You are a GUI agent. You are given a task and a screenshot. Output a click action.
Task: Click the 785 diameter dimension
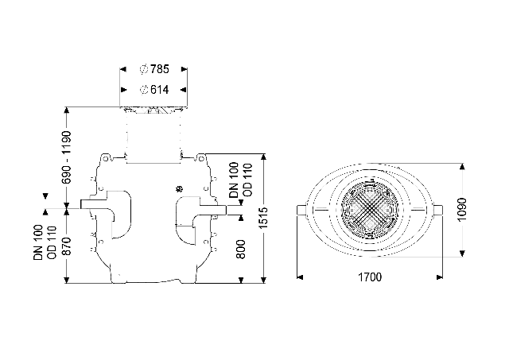(154, 69)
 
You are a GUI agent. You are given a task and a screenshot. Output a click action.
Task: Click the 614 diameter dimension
(154, 90)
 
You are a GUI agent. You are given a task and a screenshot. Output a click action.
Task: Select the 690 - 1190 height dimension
(67, 157)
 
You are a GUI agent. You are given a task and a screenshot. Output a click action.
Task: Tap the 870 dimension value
(67, 246)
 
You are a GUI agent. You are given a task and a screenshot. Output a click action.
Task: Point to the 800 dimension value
(240, 249)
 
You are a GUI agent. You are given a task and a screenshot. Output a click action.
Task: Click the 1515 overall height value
(263, 217)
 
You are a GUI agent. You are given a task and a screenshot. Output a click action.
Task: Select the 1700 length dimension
(370, 277)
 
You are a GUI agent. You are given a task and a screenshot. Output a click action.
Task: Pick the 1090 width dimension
(462, 210)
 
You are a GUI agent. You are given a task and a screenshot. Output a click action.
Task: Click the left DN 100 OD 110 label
(45, 242)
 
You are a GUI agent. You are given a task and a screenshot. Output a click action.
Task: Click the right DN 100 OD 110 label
(240, 180)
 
